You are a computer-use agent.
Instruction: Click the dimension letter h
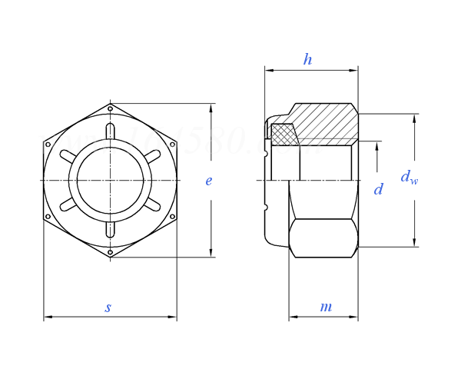coord(307,60)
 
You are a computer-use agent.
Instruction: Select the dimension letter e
coord(208,181)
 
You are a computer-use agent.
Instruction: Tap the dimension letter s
coord(108,307)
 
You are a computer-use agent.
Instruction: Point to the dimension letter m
coord(326,307)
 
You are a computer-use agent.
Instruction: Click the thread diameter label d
coord(378,189)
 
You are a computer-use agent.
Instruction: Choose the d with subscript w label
coord(409,178)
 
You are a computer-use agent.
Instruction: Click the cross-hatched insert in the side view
coord(284,135)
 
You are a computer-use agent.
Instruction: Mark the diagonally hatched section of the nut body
coord(327,123)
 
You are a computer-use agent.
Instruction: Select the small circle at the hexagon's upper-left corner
coord(48,143)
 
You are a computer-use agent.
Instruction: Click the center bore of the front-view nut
coord(110,180)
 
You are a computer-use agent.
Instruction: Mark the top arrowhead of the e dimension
coord(211,107)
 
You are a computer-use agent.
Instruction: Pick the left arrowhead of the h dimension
coord(268,70)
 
